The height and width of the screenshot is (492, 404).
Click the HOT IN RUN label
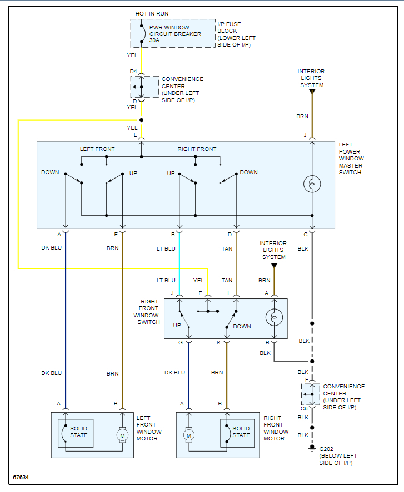tap(152, 13)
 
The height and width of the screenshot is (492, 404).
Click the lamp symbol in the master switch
tap(312, 185)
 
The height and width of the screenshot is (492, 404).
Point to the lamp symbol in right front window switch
tap(274, 318)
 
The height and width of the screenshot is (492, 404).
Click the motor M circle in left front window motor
tap(122, 435)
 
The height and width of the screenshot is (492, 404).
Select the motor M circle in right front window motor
tap(189, 435)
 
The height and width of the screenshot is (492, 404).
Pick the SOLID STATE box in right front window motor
tap(240, 432)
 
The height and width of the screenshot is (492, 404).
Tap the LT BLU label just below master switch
tap(166, 249)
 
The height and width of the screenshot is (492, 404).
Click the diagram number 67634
tap(21, 477)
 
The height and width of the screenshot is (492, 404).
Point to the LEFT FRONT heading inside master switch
tap(97, 149)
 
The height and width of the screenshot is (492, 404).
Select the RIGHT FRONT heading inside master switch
tap(197, 149)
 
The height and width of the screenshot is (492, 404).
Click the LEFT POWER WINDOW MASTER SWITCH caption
tap(351, 158)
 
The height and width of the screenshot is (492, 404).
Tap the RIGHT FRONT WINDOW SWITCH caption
tap(147, 312)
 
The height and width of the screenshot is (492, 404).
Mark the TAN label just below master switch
tap(227, 249)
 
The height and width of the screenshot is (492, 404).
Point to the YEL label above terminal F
tap(198, 281)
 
